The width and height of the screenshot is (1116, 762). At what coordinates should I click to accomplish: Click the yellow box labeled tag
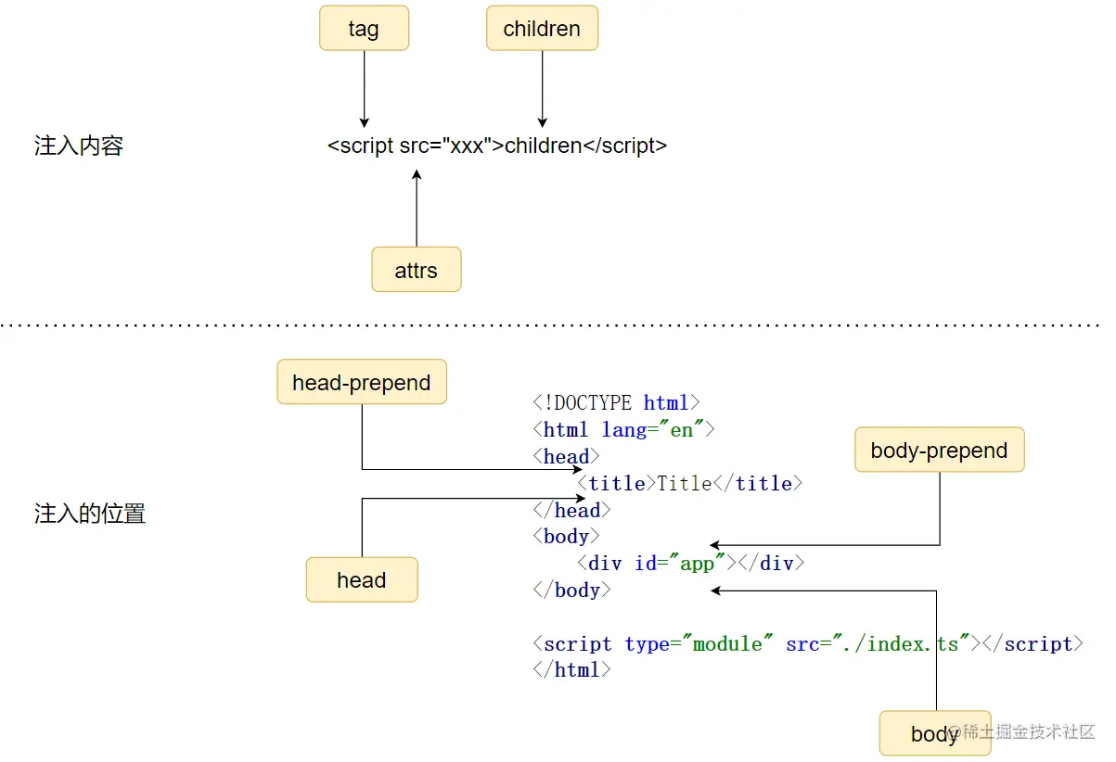(364, 29)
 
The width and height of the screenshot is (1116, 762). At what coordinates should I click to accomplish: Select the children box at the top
(542, 29)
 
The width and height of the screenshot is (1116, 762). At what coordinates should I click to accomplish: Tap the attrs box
(416, 270)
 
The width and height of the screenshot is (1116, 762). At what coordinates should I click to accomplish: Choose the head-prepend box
(362, 383)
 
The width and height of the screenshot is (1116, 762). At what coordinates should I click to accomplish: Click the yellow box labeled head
(362, 580)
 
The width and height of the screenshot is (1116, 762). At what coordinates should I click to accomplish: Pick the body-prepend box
(939, 451)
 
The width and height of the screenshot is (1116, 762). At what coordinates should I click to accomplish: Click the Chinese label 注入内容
(79, 146)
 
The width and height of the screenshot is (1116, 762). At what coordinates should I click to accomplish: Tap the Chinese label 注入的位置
(90, 514)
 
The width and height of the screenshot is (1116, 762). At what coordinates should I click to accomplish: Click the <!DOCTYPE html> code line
(616, 403)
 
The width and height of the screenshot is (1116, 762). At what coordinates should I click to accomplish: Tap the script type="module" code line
(807, 644)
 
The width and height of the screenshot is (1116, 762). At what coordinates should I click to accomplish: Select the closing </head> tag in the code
(571, 511)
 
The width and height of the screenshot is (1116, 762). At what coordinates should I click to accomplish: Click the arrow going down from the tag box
(364, 88)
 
